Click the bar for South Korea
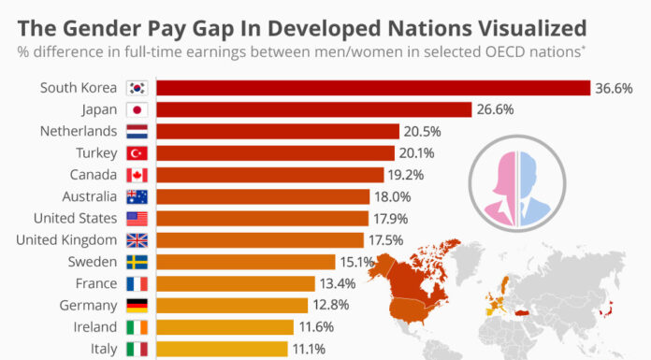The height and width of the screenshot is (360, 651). [372, 88]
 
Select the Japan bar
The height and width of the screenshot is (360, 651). [313, 109]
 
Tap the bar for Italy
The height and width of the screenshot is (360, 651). [222, 349]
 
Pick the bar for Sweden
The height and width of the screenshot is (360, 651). [245, 262]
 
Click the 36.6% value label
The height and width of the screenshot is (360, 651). [615, 88]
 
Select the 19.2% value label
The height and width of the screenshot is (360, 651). [409, 175]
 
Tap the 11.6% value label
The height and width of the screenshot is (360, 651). [318, 327]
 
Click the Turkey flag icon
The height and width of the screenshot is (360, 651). [136, 153]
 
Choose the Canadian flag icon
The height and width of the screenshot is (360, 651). [136, 175]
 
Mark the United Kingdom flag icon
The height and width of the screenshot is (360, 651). [136, 240]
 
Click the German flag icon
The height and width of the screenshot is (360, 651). [136, 306]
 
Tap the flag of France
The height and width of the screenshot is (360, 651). [136, 283]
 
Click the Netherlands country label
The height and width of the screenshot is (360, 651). [80, 131]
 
